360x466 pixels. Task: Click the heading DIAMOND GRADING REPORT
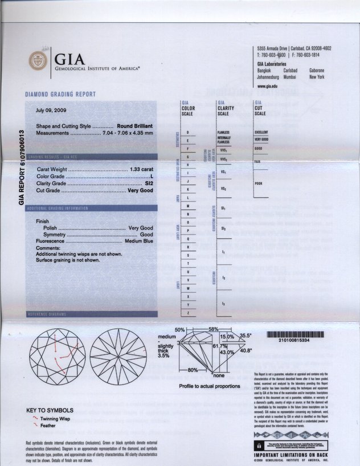(60, 94)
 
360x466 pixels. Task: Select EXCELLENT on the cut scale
(261, 132)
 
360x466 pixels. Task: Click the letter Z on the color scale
(188, 313)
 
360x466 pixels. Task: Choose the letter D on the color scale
(188, 132)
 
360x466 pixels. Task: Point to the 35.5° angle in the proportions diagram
(246, 336)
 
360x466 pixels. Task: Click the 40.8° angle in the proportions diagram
(246, 351)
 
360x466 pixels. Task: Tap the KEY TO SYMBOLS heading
(50, 410)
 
